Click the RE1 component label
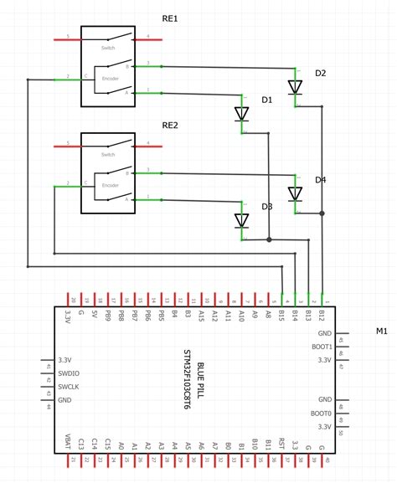point(170,18)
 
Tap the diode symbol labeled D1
point(242,113)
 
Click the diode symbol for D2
point(295,86)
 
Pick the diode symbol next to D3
point(242,221)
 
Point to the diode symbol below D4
point(295,194)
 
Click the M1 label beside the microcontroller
point(381,331)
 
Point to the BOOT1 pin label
point(322,347)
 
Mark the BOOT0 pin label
point(322,414)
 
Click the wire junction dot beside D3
point(268,239)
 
